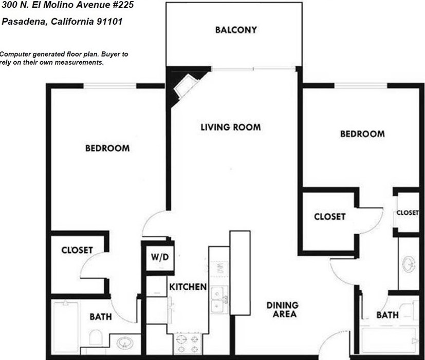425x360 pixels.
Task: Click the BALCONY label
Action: [x=236, y=30]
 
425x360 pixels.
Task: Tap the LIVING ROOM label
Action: [x=230, y=127]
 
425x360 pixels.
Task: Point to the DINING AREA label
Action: [x=282, y=309]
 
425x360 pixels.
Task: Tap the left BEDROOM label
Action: [x=107, y=148]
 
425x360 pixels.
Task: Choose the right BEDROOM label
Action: [x=362, y=134]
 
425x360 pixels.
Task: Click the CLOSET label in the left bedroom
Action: [x=77, y=250]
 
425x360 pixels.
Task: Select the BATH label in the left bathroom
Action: [x=101, y=317]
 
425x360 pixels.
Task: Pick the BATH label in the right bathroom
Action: [x=387, y=315]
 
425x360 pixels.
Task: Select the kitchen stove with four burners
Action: [x=188, y=344]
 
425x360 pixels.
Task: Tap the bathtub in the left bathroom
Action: [x=65, y=327]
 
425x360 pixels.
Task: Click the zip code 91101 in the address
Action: [x=110, y=23]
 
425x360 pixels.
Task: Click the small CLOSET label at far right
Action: [x=408, y=213]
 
